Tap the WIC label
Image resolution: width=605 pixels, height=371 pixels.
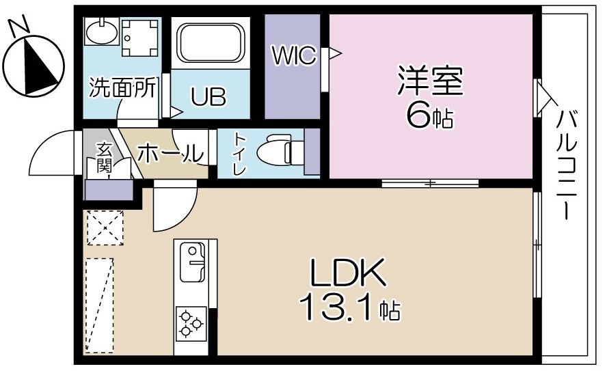pos(294,55)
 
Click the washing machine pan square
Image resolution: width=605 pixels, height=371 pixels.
pos(141,38)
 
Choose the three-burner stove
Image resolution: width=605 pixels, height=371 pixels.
pos(191,323)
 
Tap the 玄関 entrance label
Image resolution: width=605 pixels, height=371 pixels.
pos(104,159)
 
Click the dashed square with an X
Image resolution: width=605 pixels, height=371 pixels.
pos(105,228)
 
